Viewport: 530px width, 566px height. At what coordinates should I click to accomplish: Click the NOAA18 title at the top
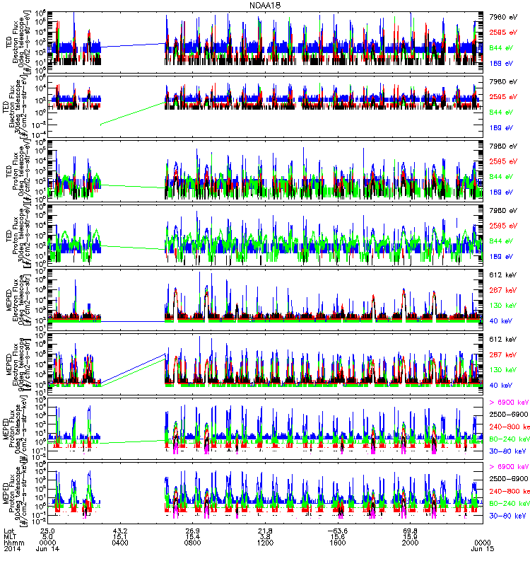coord(265,5)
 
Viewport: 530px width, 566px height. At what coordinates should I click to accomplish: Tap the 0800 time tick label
coord(192,548)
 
